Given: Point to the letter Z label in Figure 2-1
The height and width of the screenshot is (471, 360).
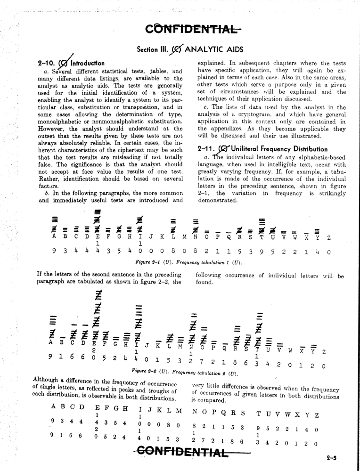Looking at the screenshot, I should click(328, 237).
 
